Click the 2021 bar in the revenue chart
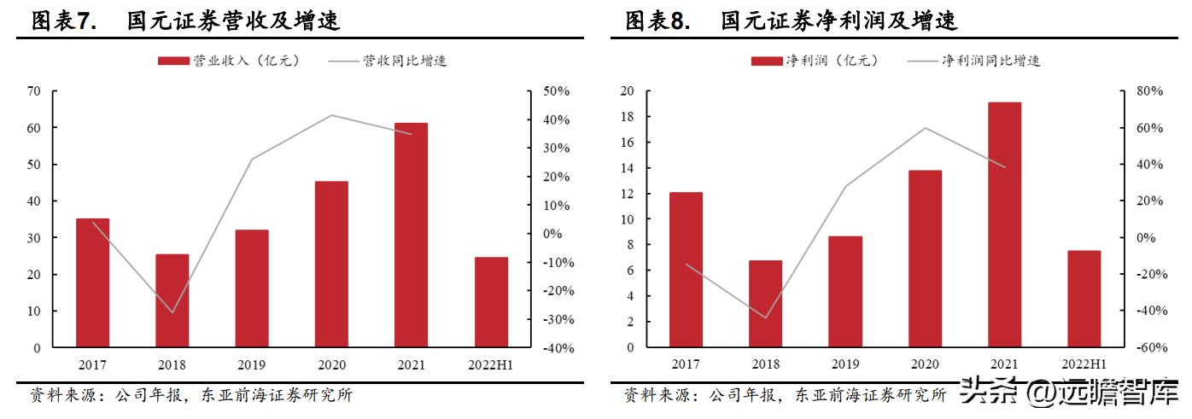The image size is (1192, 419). (x=411, y=236)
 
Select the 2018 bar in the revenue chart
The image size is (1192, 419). (x=172, y=300)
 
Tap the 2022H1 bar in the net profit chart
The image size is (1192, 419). (x=1084, y=299)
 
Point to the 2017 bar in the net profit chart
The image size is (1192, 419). (x=686, y=270)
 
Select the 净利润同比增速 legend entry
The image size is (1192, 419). (x=974, y=61)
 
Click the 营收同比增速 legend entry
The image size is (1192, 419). (x=388, y=61)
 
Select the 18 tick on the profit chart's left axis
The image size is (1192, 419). (x=627, y=116)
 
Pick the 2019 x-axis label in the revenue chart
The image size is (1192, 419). (x=252, y=364)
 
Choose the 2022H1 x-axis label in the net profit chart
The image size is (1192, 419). (x=1084, y=364)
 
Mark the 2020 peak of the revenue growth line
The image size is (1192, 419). (x=331, y=115)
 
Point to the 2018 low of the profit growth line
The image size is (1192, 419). (x=766, y=317)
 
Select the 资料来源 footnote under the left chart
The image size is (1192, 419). (x=190, y=395)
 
